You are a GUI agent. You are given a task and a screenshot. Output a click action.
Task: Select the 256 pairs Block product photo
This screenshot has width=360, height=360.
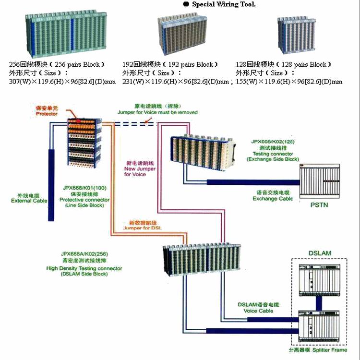click(x=65, y=33)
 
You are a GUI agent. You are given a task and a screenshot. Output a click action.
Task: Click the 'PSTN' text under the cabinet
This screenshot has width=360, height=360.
click(x=318, y=204)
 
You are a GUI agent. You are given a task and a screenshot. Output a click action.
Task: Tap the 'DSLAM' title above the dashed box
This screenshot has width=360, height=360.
click(x=319, y=253)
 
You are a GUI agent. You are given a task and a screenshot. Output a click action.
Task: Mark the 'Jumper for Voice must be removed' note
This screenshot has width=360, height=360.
click(x=157, y=112)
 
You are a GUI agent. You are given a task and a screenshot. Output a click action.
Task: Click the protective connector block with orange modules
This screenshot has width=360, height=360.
click(x=85, y=141)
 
